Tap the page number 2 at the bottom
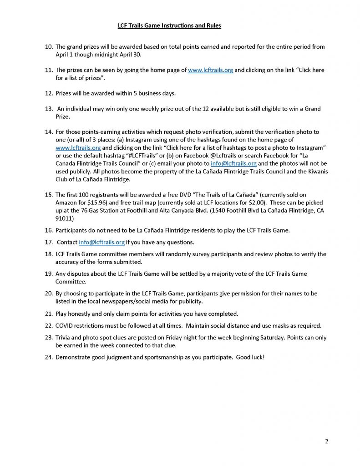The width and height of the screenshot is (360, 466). coord(326,441)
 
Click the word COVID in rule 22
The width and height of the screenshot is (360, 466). coord(67,326)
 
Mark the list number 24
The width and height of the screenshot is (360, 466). coord(49,357)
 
